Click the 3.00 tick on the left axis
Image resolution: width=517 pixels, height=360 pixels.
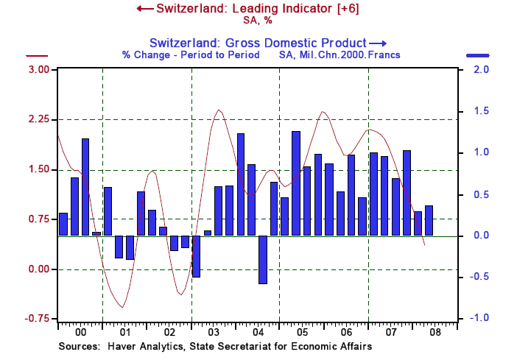coord(38,69)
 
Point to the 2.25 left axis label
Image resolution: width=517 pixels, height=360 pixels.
coord(38,119)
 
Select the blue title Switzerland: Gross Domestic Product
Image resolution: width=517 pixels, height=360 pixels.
coord(258,42)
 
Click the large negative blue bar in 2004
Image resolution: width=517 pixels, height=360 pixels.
coord(262,259)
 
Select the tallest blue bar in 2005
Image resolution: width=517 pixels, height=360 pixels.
coord(296,183)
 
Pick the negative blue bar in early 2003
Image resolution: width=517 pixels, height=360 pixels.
coord(196,256)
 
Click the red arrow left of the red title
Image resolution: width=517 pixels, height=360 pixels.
coord(144,8)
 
